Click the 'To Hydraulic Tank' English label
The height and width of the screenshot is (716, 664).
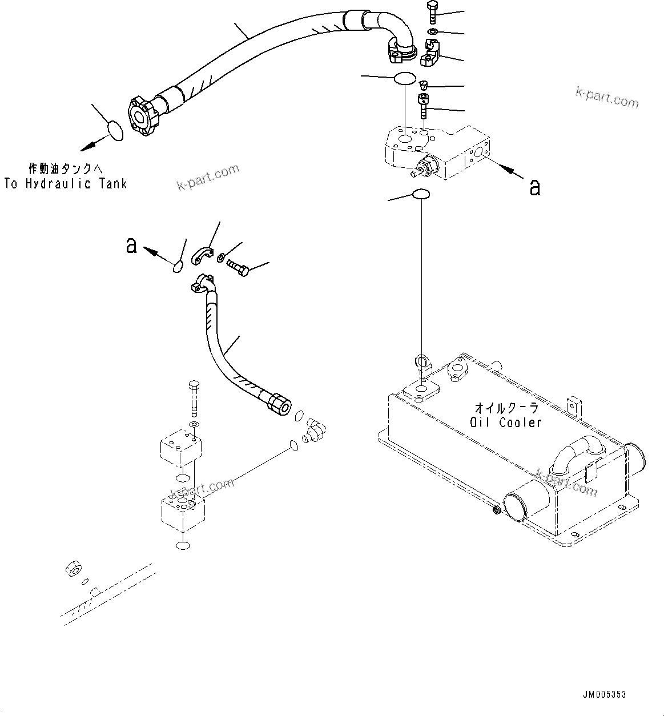click(65, 184)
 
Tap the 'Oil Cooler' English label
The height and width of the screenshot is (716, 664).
click(506, 423)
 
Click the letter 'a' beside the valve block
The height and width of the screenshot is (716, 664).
click(534, 187)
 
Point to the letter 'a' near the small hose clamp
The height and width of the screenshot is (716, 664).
click(131, 245)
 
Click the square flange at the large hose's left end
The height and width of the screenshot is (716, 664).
click(140, 118)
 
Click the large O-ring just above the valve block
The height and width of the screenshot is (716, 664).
click(405, 78)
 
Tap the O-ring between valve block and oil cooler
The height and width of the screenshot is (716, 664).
click(421, 195)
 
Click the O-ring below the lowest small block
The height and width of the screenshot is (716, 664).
click(183, 546)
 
